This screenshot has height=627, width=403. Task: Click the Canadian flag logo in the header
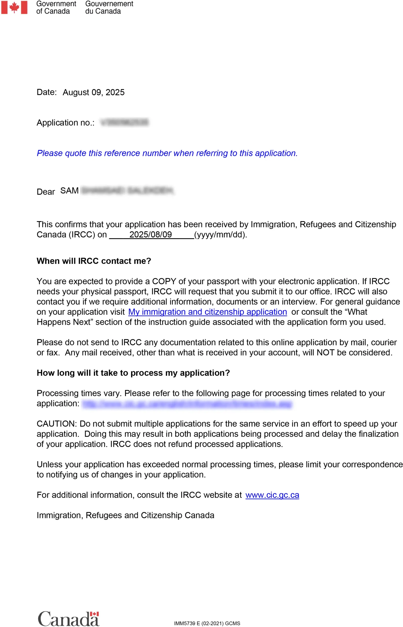14,7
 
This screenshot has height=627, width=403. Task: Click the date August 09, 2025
93,92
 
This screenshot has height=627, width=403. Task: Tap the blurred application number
125,122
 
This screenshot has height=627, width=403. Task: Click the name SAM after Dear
69,191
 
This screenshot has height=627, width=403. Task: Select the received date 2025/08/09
151,235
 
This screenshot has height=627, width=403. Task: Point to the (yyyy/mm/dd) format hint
220,235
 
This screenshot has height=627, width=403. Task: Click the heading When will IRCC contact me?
94,261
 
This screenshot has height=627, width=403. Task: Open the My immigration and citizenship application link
208,312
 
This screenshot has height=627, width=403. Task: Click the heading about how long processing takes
133,373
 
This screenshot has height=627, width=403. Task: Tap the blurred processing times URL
187,404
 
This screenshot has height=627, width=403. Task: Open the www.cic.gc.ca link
272,495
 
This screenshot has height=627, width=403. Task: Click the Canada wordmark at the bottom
69,619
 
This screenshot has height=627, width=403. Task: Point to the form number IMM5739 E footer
207,623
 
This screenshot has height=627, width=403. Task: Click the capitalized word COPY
164,281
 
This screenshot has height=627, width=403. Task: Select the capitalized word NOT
325,352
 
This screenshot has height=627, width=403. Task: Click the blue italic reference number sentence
167,153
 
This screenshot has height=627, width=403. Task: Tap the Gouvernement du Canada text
109,7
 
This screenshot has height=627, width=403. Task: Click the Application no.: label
65,123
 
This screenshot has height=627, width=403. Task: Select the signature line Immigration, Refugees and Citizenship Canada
125,515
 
